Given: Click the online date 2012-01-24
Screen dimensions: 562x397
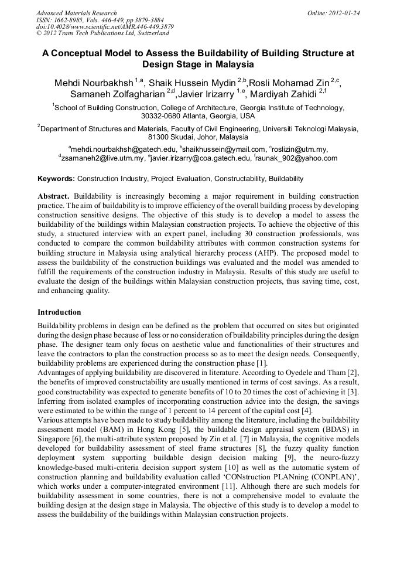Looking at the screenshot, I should tap(338, 13).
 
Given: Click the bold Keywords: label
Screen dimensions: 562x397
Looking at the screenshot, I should tap(56, 178).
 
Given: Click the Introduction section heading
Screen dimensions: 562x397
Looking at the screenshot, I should tap(59, 312).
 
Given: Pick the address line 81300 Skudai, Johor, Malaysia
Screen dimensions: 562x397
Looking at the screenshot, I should tap(198, 137).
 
